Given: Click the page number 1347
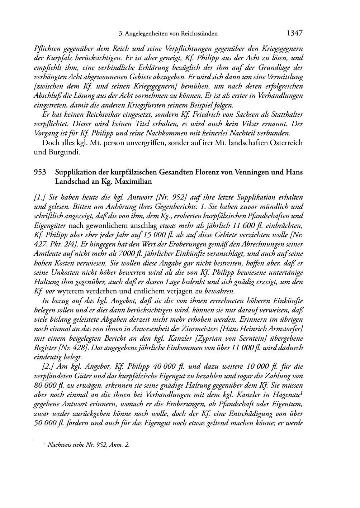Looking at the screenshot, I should (294, 34).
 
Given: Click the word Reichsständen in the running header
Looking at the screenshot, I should (199, 34).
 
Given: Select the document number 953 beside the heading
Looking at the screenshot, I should (40, 172).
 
